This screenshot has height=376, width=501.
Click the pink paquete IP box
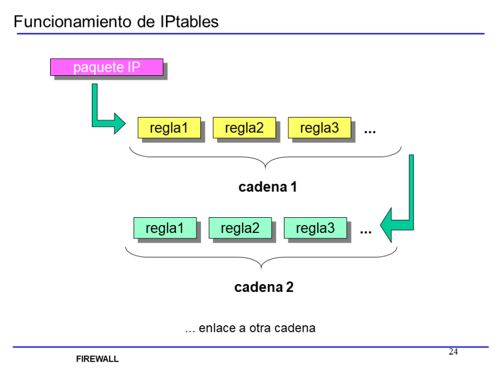[x=106, y=67]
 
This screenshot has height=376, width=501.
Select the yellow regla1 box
[x=169, y=128]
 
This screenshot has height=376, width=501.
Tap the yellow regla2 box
[x=244, y=128]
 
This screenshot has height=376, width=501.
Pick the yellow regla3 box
[x=319, y=128]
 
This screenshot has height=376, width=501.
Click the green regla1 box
[x=165, y=228]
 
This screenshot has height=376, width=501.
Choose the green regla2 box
[x=240, y=228]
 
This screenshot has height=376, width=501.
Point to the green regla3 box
[x=315, y=228]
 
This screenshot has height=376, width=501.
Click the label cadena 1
[x=268, y=187]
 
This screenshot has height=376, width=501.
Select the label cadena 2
[x=264, y=287]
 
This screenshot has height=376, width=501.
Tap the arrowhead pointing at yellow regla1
[x=119, y=123]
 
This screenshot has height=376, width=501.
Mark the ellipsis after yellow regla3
[x=370, y=132]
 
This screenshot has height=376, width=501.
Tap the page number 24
[x=453, y=351]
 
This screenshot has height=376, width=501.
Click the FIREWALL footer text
[x=97, y=359]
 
